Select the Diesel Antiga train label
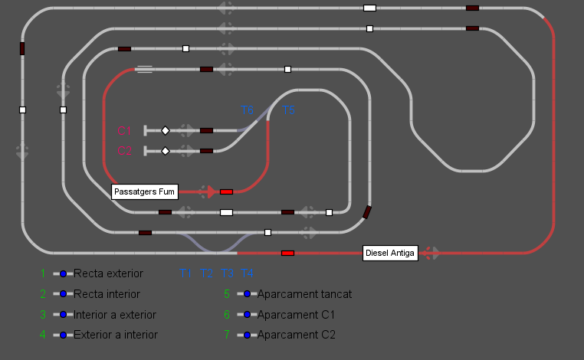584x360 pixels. click(x=390, y=254)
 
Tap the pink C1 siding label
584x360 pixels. click(x=125, y=131)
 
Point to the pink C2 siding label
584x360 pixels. click(x=125, y=151)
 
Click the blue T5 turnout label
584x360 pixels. click(x=288, y=111)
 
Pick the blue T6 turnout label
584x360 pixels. click(x=247, y=111)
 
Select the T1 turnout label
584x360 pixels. click(x=186, y=273)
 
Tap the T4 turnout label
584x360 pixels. click(x=248, y=273)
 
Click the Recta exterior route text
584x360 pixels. click(x=108, y=273)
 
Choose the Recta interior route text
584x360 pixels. click(x=107, y=293)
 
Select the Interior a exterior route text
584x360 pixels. click(x=115, y=314)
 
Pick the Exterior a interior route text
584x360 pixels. click(x=115, y=335)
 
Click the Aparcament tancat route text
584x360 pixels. click(x=304, y=293)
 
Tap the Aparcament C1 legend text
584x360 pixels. click(x=296, y=314)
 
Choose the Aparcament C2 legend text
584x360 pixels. click(x=296, y=335)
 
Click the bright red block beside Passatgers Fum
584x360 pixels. click(x=226, y=191)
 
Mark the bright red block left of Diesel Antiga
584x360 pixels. click(x=287, y=253)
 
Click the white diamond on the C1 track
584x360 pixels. click(x=165, y=131)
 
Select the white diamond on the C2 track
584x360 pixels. click(x=165, y=151)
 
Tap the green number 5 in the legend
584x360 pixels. click(x=227, y=293)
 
